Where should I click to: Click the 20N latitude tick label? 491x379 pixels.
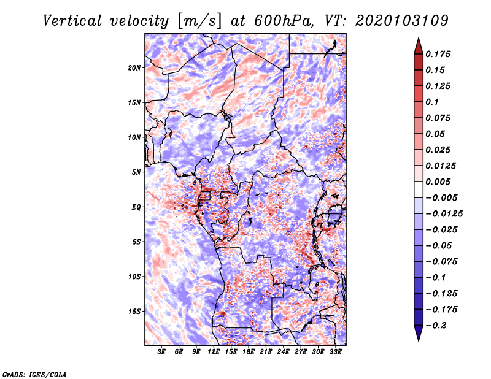134,67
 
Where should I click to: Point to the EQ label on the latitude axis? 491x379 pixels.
136,207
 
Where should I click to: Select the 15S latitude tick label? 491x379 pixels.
134,312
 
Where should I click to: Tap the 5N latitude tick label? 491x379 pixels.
136,172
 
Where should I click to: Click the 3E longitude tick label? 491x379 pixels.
161,352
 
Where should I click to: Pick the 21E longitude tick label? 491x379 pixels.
266,352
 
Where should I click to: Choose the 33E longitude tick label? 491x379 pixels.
335,352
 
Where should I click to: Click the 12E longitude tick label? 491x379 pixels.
213,352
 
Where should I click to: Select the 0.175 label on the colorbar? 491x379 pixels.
438,54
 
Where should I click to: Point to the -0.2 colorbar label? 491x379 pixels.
436,326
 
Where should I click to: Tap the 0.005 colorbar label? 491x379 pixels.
438,182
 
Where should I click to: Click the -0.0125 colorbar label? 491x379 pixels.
444,214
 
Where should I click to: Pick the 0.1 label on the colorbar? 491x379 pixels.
432,102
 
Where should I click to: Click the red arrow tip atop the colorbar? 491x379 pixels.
419,38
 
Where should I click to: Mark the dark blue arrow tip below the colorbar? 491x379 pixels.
419,340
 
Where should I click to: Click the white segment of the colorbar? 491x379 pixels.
419,189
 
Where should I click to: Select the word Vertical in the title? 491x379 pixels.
72,21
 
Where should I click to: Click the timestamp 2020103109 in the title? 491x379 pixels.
402,21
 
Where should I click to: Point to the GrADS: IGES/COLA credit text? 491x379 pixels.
34,375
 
